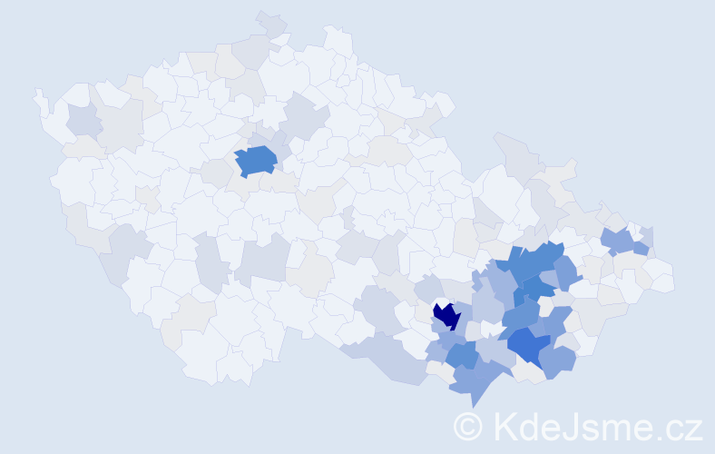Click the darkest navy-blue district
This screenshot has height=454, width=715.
[446, 316]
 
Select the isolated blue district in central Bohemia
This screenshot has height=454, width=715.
[256, 161]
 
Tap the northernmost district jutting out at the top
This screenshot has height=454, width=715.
[271, 24]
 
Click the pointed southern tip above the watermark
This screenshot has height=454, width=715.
[474, 403]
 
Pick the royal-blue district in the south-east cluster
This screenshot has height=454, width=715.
[526, 345]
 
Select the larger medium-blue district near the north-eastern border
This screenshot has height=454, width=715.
[619, 241]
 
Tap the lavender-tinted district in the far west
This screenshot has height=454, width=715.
[83, 120]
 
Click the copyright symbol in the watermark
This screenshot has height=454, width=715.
[468, 425]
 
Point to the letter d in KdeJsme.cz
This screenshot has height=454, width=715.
[528, 425]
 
